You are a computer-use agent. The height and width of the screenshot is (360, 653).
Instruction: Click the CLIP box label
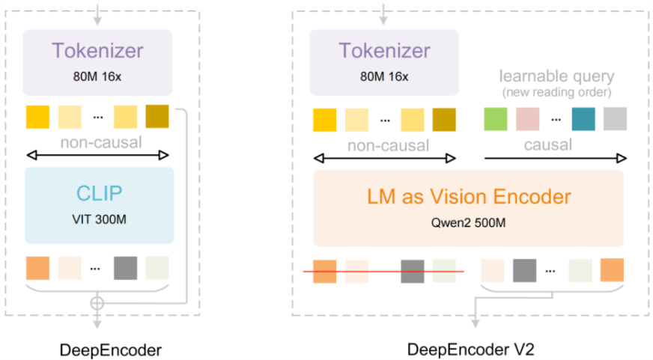99,193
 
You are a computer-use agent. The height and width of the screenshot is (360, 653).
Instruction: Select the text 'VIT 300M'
99,220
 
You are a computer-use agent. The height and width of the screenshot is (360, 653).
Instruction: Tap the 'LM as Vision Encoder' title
469,197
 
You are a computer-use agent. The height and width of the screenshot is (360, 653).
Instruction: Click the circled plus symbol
97,303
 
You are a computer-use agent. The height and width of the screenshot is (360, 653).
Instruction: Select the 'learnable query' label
556,76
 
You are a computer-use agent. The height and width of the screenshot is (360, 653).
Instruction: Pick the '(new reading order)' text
556,92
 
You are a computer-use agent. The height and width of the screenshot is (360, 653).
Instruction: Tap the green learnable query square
496,119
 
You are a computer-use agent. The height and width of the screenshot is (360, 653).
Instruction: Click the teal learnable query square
583,119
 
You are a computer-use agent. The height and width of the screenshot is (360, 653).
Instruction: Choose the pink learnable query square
527,119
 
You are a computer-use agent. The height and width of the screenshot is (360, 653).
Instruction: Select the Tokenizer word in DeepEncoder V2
384,51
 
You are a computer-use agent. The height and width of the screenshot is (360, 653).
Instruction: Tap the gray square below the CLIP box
126,268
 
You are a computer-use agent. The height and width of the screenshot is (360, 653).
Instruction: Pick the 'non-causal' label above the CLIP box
99,142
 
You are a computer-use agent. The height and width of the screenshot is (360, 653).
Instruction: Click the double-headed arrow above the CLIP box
98,156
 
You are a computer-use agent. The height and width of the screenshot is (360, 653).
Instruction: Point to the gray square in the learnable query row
615,119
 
